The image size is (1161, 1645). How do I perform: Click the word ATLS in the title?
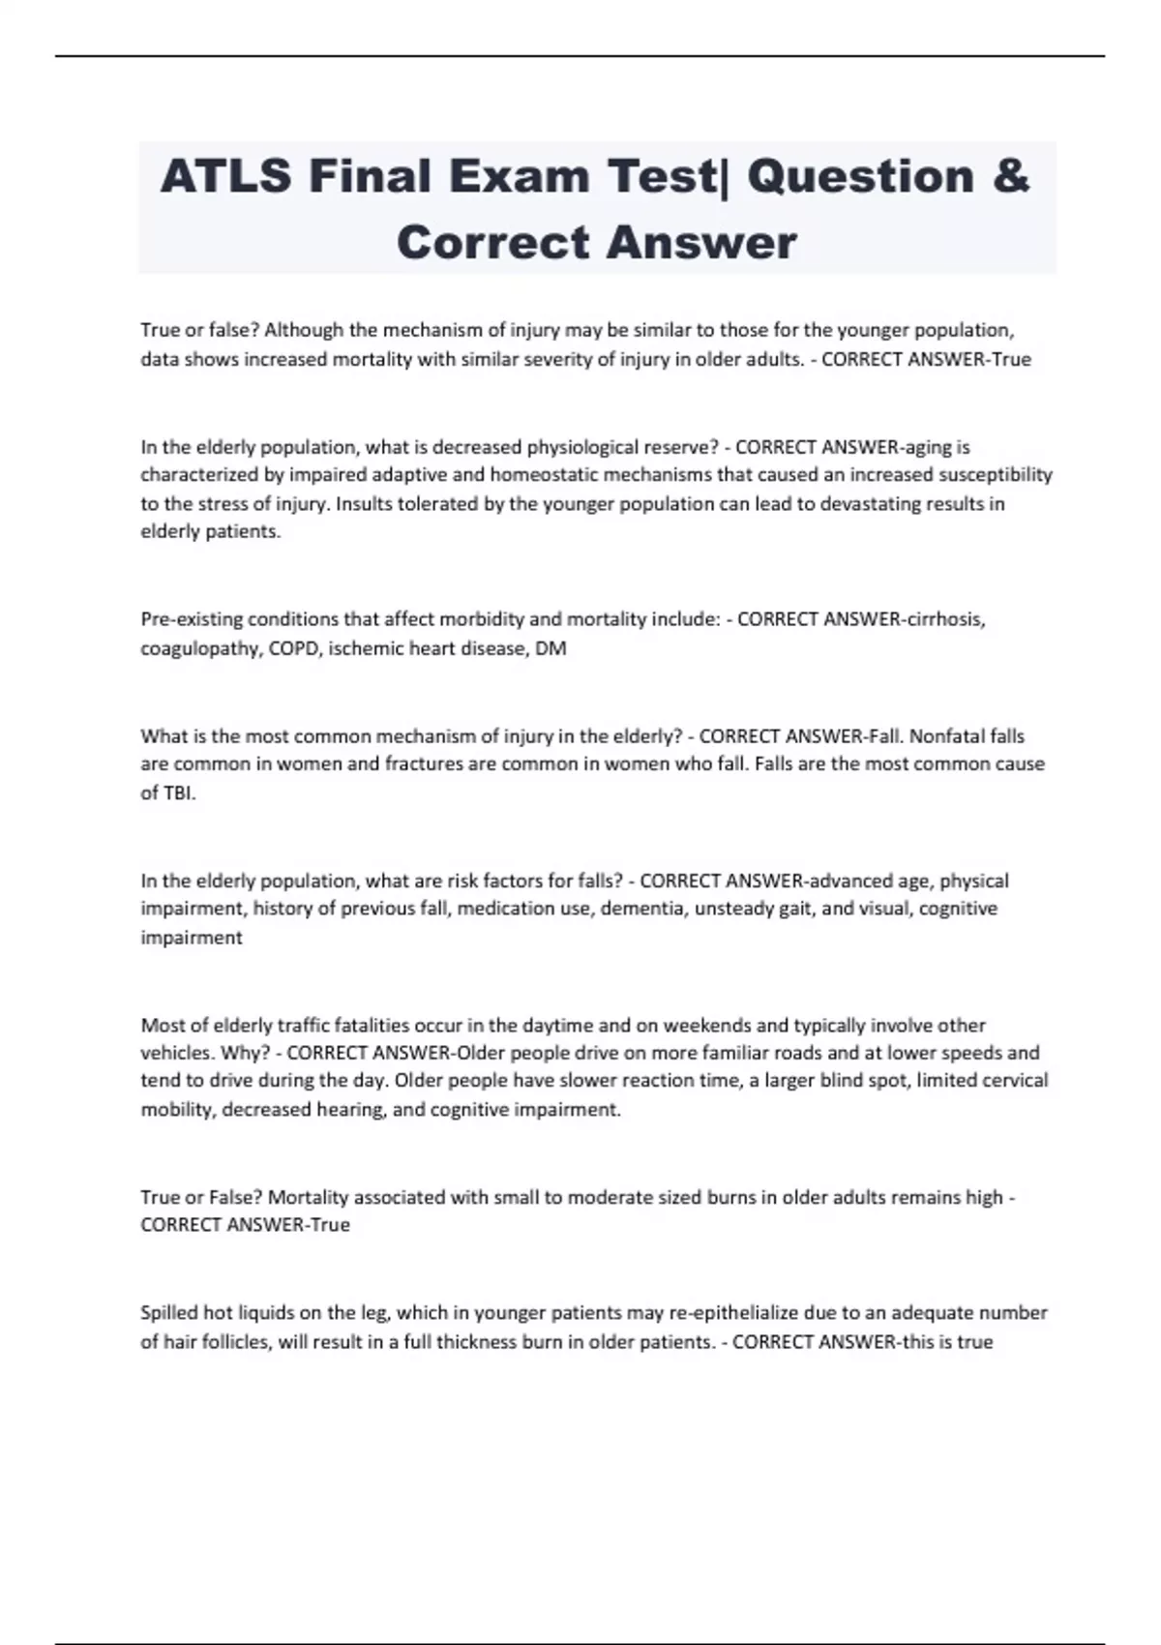click(224, 177)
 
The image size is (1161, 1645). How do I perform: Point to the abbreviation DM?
click(551, 648)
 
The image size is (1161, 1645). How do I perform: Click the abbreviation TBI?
click(180, 793)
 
